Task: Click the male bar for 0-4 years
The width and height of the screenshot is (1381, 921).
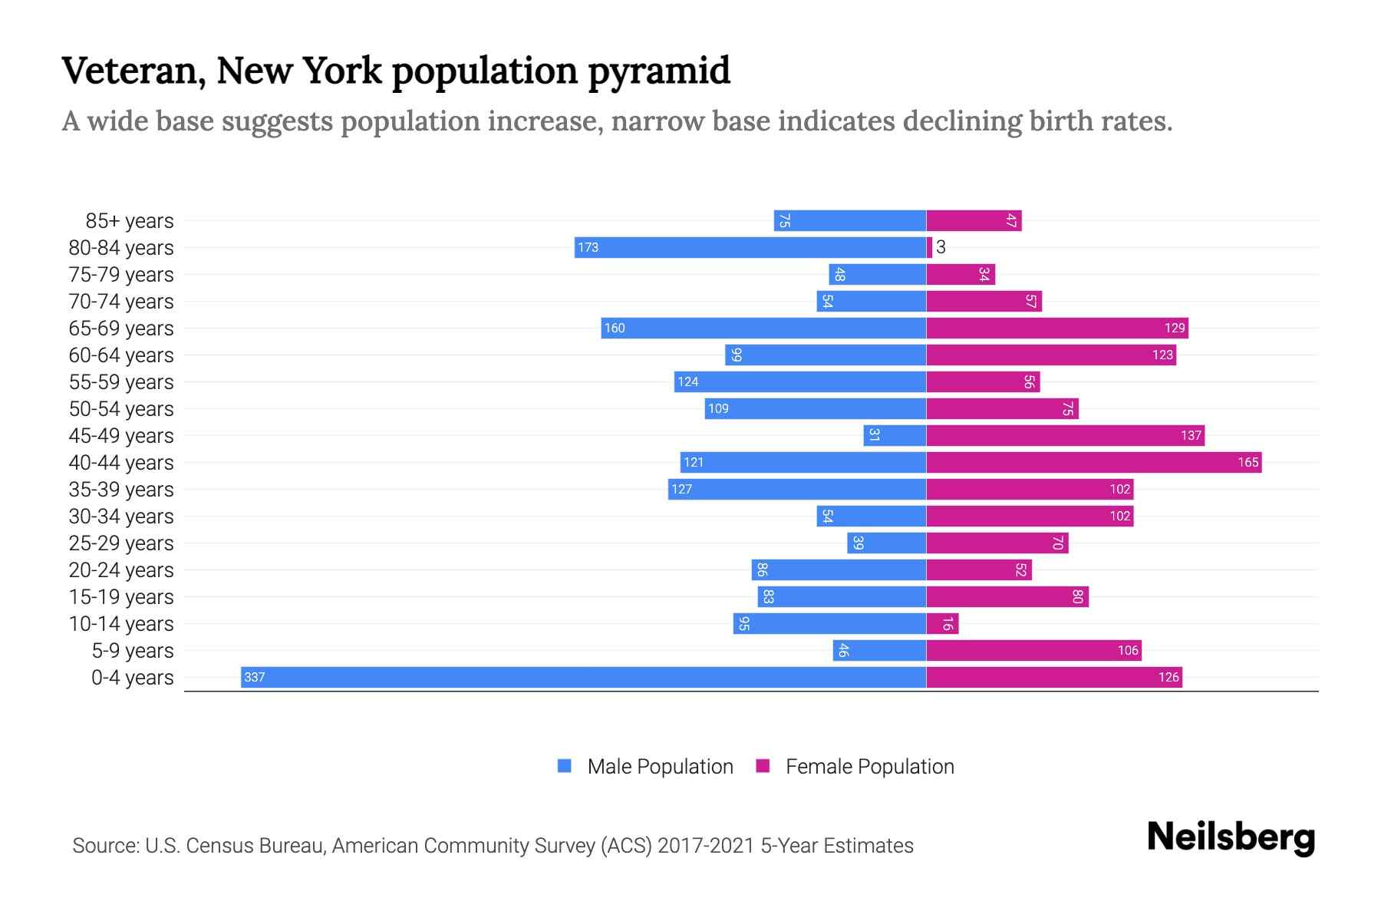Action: click(x=583, y=677)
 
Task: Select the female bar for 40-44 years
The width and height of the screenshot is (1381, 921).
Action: click(x=1093, y=462)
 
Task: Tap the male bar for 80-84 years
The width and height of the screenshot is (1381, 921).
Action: click(x=750, y=247)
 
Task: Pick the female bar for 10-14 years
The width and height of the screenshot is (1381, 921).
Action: click(x=942, y=623)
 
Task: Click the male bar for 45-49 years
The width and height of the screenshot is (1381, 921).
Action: click(x=895, y=435)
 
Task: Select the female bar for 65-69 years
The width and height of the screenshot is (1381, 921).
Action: click(x=1057, y=328)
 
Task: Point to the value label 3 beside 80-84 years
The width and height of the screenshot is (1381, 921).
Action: click(x=941, y=247)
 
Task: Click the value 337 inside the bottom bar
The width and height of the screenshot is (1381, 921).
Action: click(x=254, y=677)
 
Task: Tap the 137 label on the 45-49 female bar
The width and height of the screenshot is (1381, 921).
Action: click(x=1191, y=435)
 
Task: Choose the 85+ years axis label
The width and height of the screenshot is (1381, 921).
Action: click(x=130, y=221)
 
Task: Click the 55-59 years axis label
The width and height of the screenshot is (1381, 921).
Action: click(x=121, y=382)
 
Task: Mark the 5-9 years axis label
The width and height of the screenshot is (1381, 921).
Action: click(x=132, y=651)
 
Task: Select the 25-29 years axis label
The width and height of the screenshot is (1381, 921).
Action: click(x=121, y=543)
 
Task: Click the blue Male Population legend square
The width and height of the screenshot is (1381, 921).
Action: click(x=565, y=766)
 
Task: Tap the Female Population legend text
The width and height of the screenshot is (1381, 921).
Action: click(x=869, y=767)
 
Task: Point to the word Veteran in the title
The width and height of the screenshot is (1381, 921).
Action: click(x=133, y=71)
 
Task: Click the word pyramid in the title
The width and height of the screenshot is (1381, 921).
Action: click(x=658, y=71)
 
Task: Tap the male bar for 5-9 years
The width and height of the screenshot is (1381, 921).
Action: click(x=879, y=650)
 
